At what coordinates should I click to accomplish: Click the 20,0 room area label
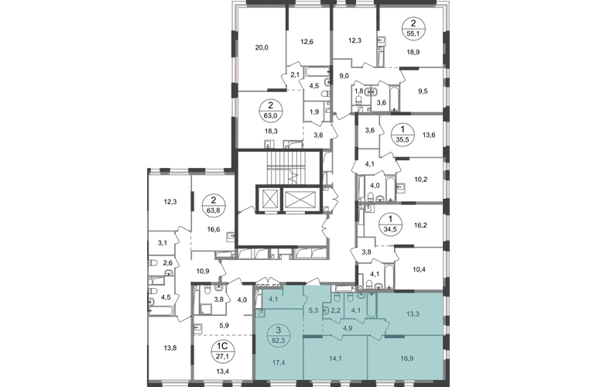click(262, 47)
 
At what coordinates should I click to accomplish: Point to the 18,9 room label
click(413, 52)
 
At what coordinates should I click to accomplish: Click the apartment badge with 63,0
click(270, 110)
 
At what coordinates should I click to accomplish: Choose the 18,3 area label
click(271, 131)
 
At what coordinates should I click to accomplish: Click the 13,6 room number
click(429, 134)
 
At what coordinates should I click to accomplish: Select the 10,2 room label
click(421, 180)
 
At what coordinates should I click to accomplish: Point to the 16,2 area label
click(421, 225)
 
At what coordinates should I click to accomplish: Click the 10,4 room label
click(419, 269)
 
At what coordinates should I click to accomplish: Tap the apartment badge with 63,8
click(214, 204)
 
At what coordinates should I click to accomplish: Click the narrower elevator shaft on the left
click(267, 199)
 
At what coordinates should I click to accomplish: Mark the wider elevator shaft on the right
click(300, 199)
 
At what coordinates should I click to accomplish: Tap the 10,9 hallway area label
click(203, 270)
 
